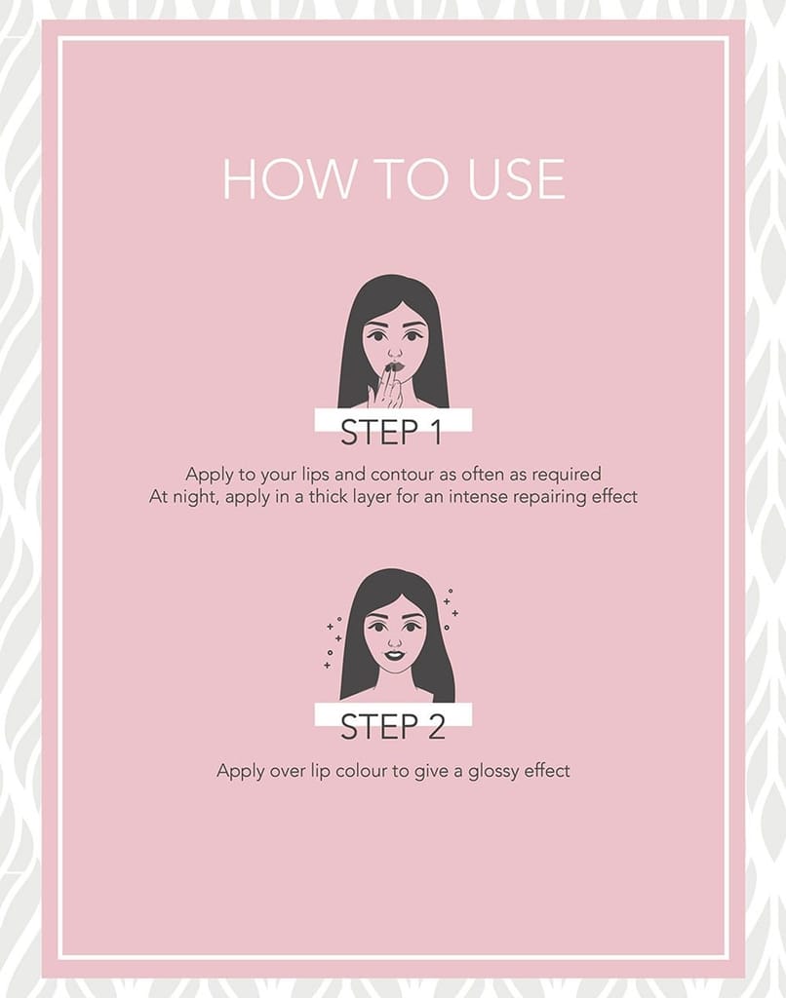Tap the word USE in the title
516,179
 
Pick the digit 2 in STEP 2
435,727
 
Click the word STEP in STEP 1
379,432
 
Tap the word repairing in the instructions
550,497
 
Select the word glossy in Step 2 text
493,772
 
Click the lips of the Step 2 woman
395,655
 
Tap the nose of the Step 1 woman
395,351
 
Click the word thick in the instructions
330,496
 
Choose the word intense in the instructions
478,496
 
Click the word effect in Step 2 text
547,771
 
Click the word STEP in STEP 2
379,727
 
